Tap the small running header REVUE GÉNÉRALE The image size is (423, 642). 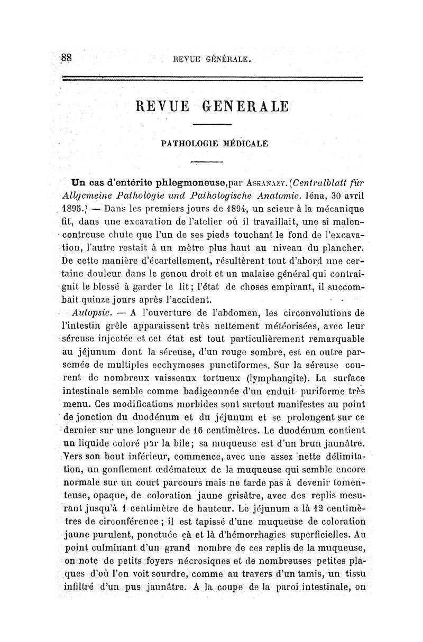point(211,60)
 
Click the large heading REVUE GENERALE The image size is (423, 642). point(212,107)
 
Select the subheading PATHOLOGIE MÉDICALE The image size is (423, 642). point(212,142)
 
